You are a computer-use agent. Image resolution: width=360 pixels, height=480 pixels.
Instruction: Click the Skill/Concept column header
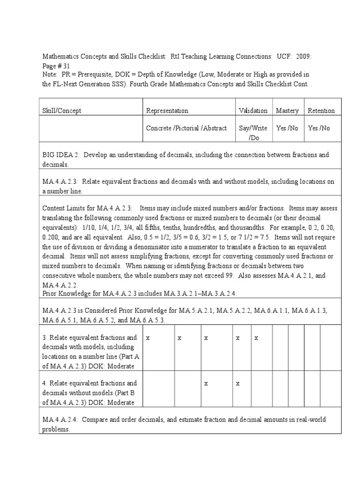(x=62, y=111)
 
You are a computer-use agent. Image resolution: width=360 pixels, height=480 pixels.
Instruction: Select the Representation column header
(x=167, y=111)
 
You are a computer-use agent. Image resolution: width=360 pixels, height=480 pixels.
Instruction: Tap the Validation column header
(x=253, y=111)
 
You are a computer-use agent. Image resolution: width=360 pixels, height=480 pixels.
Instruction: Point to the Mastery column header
(x=287, y=111)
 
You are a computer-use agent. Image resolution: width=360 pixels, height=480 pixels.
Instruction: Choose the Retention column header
(x=321, y=111)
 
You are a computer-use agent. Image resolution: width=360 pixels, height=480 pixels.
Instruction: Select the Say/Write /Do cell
(x=253, y=133)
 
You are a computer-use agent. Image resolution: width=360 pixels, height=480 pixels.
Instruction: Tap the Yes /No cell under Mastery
(x=287, y=128)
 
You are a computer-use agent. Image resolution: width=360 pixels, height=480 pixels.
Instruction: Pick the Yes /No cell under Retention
(x=319, y=128)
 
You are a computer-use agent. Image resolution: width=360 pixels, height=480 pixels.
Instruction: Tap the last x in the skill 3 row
(x=256, y=337)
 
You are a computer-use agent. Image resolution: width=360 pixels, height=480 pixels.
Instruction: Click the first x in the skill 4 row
(x=206, y=383)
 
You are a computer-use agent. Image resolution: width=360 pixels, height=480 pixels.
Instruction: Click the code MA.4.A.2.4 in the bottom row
(x=61, y=419)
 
